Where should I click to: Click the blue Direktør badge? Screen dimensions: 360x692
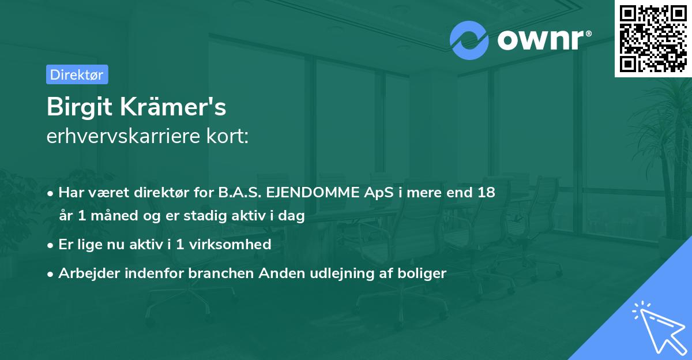[x=77, y=74]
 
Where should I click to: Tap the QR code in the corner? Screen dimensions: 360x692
[x=653, y=38]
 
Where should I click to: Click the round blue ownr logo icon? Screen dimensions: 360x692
[x=469, y=40]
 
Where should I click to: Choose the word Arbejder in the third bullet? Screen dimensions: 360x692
[x=85, y=273]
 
